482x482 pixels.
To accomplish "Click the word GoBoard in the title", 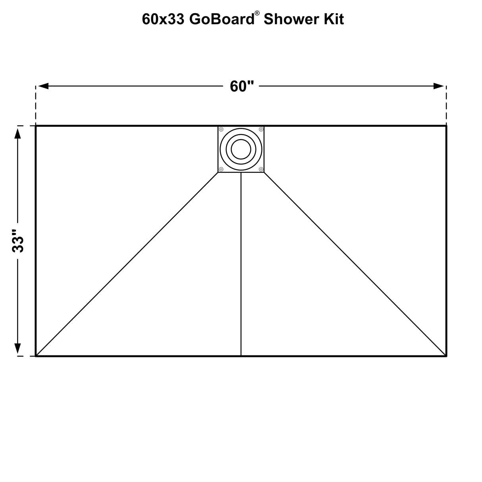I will pyautogui.click(x=222, y=19).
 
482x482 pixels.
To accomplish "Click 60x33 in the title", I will pyautogui.click(x=163, y=19).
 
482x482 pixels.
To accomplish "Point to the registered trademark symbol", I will pyautogui.click(x=257, y=13).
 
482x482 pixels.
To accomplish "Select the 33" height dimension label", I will pyautogui.click(x=18, y=241).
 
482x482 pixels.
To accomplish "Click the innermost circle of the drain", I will pyautogui.click(x=241, y=149).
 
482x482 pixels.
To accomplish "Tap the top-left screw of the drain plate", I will pyautogui.click(x=221, y=129).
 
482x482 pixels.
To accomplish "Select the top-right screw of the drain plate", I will pyautogui.click(x=261, y=129).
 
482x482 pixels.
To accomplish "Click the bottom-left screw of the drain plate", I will pyautogui.click(x=221, y=169).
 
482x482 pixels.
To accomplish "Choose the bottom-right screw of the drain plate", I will pyautogui.click(x=261, y=169).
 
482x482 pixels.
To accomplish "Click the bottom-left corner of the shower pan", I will pyautogui.click(x=36, y=356).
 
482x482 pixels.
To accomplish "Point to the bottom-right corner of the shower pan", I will pyautogui.click(x=446, y=356).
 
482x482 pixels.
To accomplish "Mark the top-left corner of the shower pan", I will pyautogui.click(x=36, y=126).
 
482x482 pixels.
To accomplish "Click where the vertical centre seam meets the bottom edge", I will pyautogui.click(x=241, y=356).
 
